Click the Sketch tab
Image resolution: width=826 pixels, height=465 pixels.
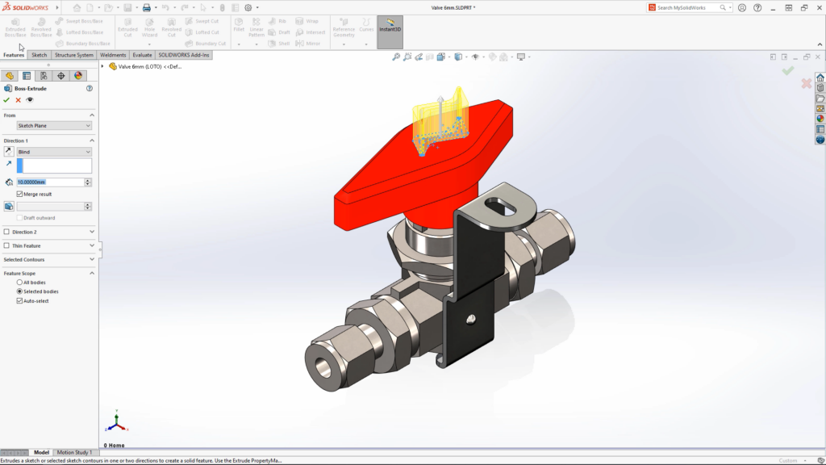(39, 55)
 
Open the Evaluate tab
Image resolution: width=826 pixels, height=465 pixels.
(142, 55)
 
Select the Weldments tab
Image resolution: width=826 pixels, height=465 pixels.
(113, 55)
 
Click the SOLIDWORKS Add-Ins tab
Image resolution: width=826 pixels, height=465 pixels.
(184, 55)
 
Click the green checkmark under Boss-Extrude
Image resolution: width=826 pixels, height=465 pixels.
(6, 100)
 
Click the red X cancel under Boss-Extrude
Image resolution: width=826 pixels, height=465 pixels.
(18, 100)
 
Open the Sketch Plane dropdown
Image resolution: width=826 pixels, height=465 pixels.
(54, 126)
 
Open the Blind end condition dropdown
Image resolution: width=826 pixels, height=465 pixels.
(54, 152)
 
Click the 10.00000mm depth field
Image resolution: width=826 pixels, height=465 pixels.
(49, 182)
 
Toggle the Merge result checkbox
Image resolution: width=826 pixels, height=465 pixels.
(20, 194)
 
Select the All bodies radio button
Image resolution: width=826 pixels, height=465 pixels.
(20, 283)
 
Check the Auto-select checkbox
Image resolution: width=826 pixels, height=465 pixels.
(20, 300)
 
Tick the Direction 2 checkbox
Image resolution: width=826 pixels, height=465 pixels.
(7, 232)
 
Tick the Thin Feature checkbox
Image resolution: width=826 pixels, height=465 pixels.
(7, 245)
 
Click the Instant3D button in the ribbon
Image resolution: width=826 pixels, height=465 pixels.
(390, 31)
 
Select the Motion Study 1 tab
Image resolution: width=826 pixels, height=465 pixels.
(73, 452)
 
